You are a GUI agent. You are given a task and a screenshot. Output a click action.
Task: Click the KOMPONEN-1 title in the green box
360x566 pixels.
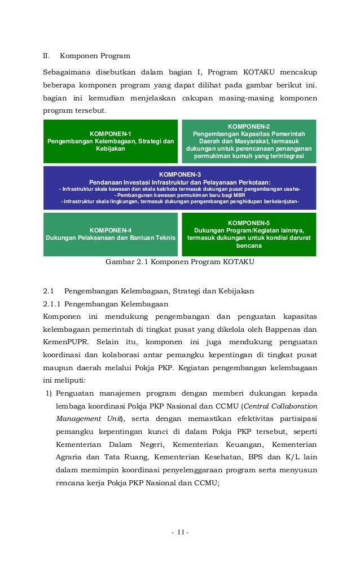click(x=111, y=134)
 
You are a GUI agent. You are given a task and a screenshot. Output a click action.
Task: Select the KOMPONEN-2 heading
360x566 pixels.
click(x=248, y=126)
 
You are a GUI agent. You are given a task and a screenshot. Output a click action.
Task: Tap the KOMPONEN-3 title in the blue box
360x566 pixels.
click(x=180, y=174)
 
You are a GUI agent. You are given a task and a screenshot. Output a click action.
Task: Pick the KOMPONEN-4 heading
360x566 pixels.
click(x=111, y=230)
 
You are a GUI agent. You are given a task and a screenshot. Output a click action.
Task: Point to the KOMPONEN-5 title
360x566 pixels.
click(x=248, y=223)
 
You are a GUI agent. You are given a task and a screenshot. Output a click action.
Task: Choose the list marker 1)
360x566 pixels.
click(x=49, y=393)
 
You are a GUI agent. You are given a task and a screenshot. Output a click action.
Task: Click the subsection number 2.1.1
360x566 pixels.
click(x=54, y=304)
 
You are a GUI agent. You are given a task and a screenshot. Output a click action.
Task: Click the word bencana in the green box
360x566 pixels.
click(x=248, y=245)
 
